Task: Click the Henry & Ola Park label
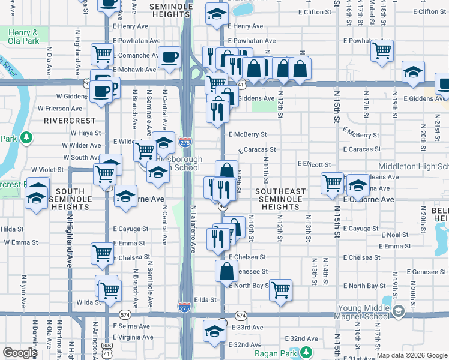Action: tap(23, 37)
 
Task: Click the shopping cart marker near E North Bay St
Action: tap(280, 290)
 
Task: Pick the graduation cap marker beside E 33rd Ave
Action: tap(215, 329)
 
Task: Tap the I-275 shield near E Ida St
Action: tap(185, 307)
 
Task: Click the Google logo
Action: tap(20, 353)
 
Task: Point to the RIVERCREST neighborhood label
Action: tap(66, 120)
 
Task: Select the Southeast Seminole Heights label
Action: tap(280, 199)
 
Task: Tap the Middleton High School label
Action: tap(413, 166)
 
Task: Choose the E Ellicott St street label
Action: tap(315, 164)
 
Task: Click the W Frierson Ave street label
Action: tap(60, 109)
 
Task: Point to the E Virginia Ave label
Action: tap(133, 337)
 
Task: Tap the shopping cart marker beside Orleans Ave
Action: tap(332, 183)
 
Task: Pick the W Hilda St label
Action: tap(11, 229)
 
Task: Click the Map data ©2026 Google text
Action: tap(412, 355)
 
